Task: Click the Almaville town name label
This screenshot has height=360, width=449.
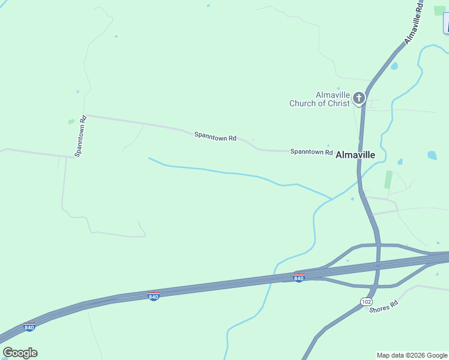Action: (x=355, y=155)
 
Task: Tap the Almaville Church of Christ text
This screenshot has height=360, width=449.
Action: (x=319, y=99)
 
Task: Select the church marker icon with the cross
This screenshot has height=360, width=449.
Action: (x=359, y=98)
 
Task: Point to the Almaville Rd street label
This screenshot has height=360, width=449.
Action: (x=414, y=25)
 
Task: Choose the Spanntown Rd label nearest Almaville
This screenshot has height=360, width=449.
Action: (x=312, y=152)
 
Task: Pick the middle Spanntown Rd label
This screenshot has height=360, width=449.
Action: (x=215, y=137)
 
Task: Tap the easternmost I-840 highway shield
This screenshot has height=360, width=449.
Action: (x=299, y=277)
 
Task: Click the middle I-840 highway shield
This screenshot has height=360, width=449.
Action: (x=154, y=296)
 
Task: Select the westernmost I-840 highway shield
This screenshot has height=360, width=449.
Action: (x=29, y=327)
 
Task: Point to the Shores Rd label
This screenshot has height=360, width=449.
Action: (x=384, y=307)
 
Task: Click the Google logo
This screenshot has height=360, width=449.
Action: (x=20, y=353)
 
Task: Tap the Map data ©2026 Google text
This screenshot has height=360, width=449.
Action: (x=412, y=355)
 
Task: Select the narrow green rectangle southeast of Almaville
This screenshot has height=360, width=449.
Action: (x=388, y=179)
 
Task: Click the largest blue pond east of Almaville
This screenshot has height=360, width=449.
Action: (x=432, y=155)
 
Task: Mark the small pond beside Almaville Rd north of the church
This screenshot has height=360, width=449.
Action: (x=394, y=66)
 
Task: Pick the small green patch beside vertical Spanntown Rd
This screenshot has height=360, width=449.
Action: (x=71, y=121)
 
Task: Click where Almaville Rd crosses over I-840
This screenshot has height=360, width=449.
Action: (x=378, y=263)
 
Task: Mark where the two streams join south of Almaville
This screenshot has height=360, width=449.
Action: (x=330, y=199)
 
